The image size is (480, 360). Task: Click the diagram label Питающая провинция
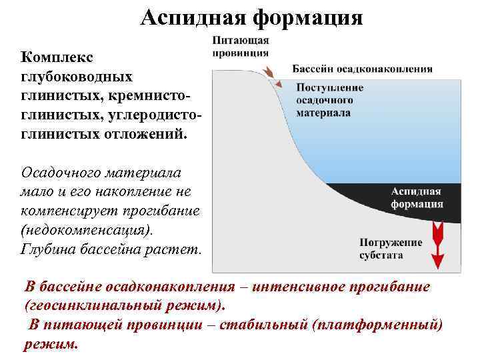tap(241, 47)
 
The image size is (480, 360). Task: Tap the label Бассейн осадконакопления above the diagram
tap(363, 69)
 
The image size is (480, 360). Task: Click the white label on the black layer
tap(417, 197)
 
